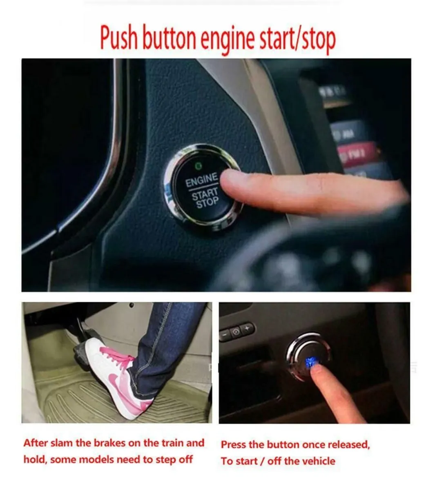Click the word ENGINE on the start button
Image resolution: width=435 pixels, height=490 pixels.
(x=201, y=180)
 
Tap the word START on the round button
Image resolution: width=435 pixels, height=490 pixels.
(x=205, y=194)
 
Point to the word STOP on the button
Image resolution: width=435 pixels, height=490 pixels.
(x=207, y=203)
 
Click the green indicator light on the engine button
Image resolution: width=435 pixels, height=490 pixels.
(x=199, y=165)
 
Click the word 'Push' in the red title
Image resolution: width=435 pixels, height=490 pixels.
(x=119, y=38)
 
